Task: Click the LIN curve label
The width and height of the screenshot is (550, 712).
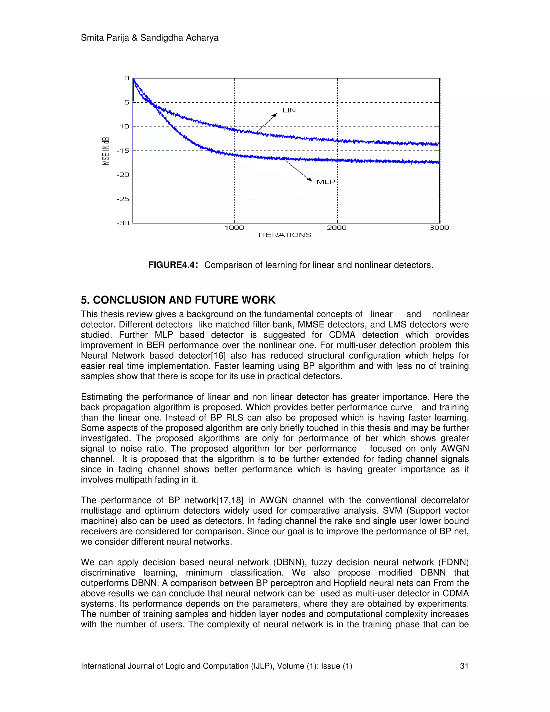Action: point(289,110)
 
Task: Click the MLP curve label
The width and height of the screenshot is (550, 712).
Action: point(326,182)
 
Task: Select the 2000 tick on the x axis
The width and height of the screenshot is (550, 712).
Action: point(336,228)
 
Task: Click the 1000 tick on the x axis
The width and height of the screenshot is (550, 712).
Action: point(234,228)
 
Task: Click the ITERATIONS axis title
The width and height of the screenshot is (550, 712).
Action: point(285,235)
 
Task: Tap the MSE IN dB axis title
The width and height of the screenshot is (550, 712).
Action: point(106,151)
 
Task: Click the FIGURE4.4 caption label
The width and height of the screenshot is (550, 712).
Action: point(173,265)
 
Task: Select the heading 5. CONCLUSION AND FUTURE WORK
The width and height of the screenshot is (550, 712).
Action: point(178,300)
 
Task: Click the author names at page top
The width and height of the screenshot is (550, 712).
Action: point(150,38)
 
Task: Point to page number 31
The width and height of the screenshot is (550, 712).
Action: point(464,666)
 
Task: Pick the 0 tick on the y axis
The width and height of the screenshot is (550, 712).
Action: point(127,78)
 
